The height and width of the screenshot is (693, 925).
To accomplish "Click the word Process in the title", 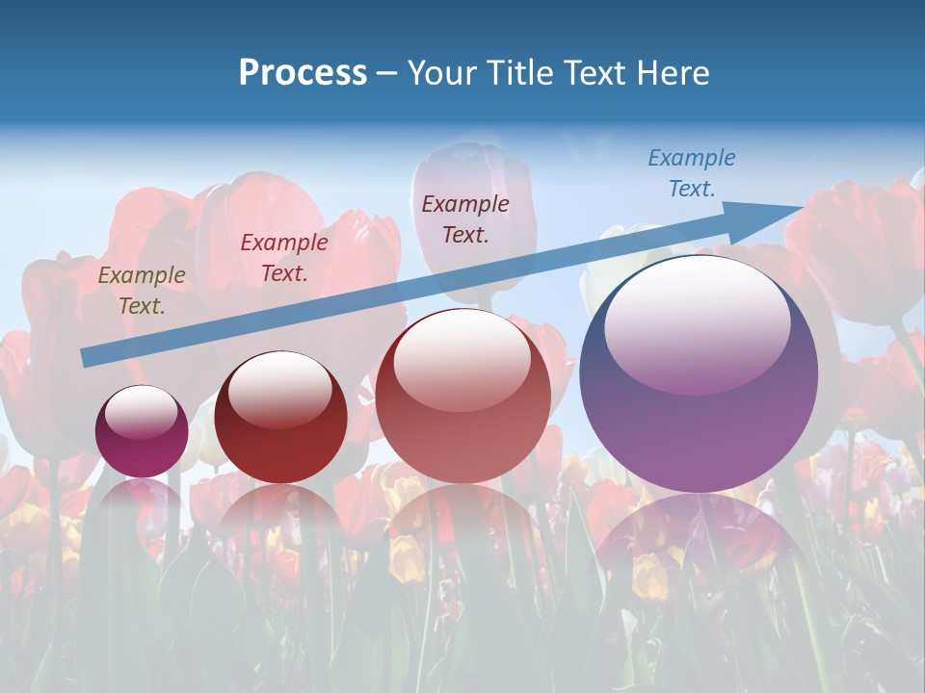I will (303, 73).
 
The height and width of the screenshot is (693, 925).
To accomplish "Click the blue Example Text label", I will (692, 173).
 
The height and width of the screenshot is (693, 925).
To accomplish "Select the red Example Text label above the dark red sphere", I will (284, 258).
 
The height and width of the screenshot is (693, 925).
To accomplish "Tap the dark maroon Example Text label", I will (465, 218).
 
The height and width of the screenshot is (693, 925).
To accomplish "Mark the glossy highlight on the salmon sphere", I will (462, 358).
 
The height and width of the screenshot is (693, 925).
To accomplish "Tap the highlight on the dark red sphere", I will (279, 388).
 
